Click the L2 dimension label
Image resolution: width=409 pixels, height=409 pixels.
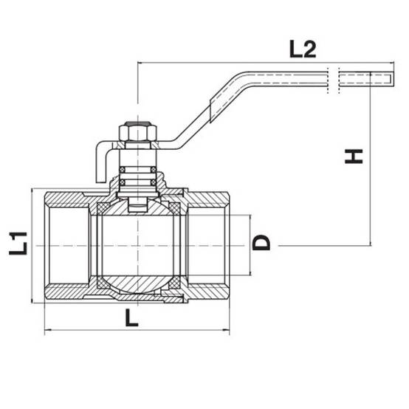(x=303, y=49)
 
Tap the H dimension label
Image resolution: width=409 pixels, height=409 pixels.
(x=354, y=157)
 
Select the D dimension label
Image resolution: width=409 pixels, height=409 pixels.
(x=261, y=242)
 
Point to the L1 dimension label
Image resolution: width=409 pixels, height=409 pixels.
(x=18, y=243)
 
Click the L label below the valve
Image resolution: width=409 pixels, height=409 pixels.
(x=131, y=317)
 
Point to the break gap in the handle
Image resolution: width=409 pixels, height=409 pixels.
(x=334, y=79)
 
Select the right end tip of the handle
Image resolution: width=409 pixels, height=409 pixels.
(x=393, y=78)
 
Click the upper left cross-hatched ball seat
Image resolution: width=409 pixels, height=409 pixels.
(x=103, y=208)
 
